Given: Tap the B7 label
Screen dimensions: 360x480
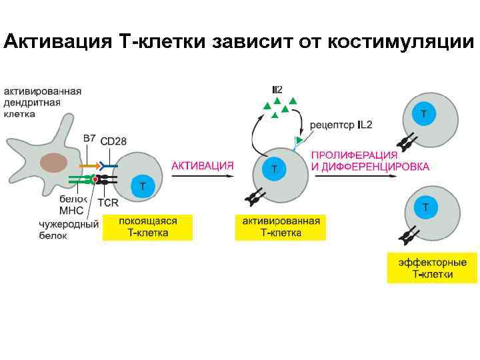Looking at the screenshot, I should [x=89, y=138].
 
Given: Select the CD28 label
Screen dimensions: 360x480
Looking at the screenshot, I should [x=113, y=141].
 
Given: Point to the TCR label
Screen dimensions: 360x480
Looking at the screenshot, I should [x=108, y=201].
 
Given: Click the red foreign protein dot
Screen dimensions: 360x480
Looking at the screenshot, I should [x=96, y=179].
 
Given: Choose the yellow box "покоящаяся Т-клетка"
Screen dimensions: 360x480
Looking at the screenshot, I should [x=147, y=227].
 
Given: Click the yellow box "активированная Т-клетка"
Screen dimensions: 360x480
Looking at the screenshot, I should [x=281, y=227].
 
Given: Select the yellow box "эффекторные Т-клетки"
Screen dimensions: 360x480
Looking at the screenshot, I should [x=432, y=268].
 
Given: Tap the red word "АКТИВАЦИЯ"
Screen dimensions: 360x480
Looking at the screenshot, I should [x=203, y=165].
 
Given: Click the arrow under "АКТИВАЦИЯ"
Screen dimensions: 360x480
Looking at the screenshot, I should [x=203, y=176].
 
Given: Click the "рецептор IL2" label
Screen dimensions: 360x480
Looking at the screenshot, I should [x=341, y=125].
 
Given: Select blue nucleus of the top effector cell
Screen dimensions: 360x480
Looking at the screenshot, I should [x=423, y=113].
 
